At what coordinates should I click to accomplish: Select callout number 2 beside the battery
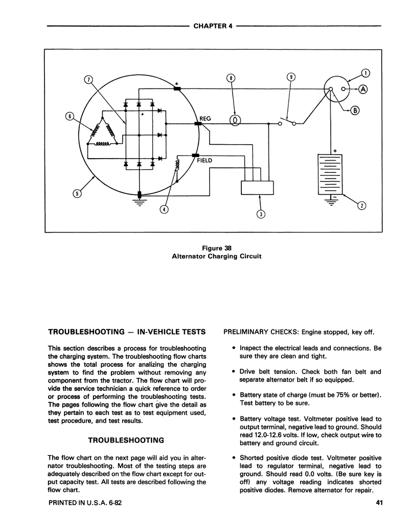click(361, 206)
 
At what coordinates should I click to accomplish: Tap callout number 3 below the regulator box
click(260, 214)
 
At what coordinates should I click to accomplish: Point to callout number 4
click(164, 209)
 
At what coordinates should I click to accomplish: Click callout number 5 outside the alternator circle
click(77, 193)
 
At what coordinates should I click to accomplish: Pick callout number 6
click(70, 116)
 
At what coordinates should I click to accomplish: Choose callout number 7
click(88, 79)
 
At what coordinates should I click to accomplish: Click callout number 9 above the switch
click(291, 77)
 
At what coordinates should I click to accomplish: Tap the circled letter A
click(363, 88)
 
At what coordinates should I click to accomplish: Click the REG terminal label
click(205, 118)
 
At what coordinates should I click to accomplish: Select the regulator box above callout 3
click(257, 187)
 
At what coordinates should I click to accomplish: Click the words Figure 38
click(216, 248)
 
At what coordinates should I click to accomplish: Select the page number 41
click(379, 502)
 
